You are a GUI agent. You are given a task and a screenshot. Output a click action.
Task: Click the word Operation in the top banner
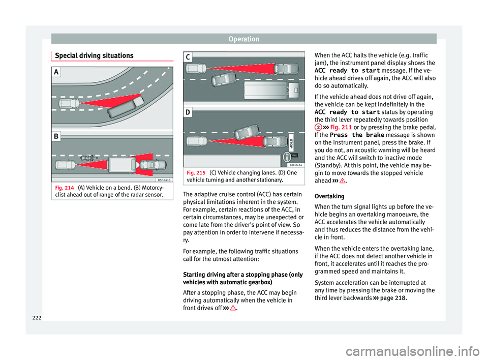click(x=243, y=38)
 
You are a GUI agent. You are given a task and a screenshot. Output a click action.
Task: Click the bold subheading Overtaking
click(x=329, y=196)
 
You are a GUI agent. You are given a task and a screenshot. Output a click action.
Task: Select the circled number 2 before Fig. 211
click(x=318, y=127)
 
